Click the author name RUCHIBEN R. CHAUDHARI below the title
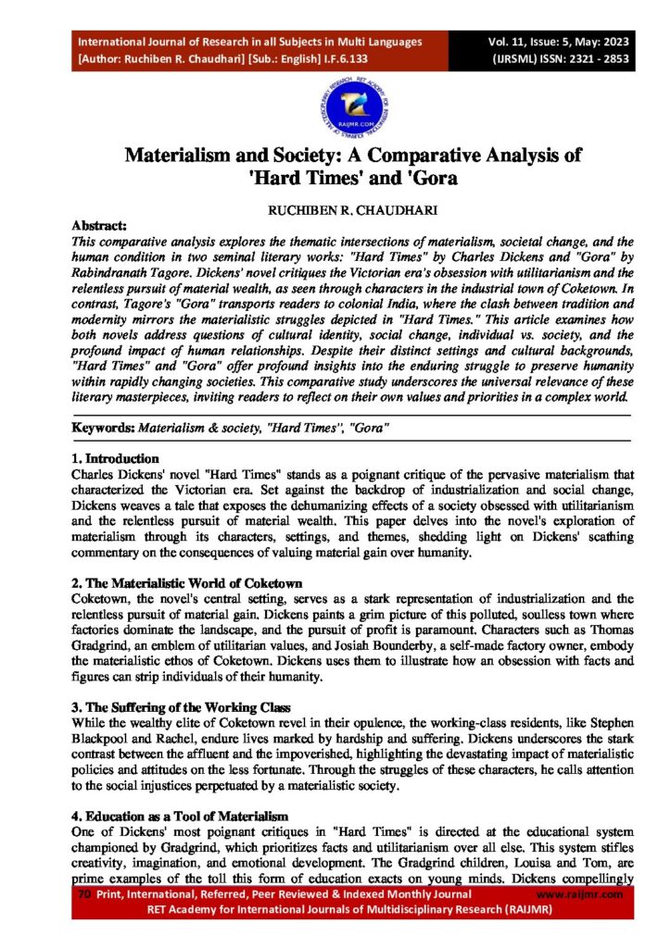tap(335, 210)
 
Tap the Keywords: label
tap(103, 429)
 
